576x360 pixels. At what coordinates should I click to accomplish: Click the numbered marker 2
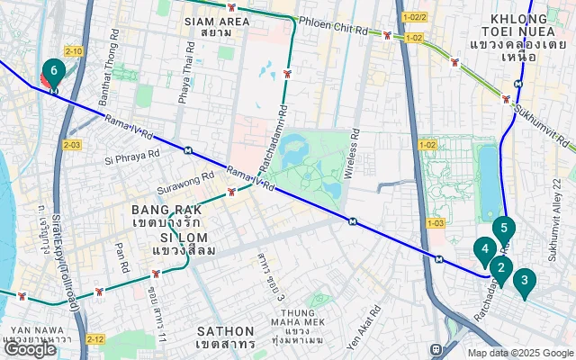[x=500, y=267]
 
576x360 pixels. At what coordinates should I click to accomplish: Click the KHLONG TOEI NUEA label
[x=527, y=37]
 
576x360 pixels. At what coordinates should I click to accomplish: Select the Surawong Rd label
[x=184, y=179]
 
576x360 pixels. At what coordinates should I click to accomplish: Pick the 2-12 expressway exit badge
[x=97, y=339]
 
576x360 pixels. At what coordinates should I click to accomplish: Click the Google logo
[x=30, y=349]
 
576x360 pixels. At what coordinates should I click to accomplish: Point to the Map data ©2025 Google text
[x=519, y=353]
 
